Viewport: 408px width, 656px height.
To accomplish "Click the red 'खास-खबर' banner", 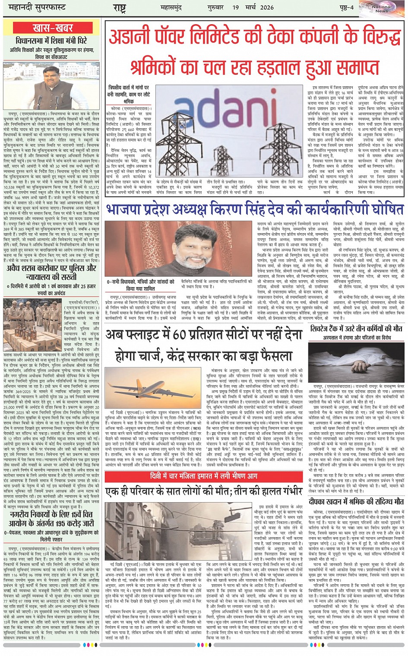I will pos(53,28).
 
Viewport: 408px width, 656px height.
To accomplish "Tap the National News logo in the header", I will pos(382,9).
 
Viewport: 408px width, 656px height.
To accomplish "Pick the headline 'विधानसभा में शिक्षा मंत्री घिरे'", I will pos(52,41).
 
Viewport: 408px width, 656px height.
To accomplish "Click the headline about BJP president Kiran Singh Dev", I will pos(255,210).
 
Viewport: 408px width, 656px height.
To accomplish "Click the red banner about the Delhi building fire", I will pos(204,476).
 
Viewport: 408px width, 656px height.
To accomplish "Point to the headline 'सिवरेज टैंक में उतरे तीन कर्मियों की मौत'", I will pos(356,329).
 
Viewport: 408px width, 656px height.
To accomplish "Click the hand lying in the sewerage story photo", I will pos(358,366).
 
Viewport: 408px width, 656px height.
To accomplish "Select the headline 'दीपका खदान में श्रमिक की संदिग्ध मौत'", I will pos(356,502).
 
